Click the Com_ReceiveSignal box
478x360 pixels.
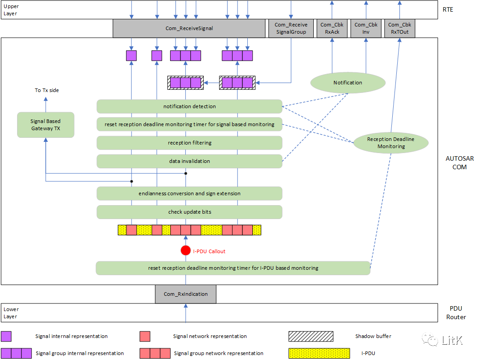coord(189,28)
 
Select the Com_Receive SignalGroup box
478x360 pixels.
coord(290,28)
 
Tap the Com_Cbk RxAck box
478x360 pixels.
coord(332,28)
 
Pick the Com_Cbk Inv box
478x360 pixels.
coord(366,28)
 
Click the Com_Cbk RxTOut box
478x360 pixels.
coord(399,28)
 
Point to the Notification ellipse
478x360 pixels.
coord(347,83)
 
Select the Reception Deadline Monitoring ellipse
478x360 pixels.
coord(390,143)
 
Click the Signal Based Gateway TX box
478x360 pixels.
coord(45,125)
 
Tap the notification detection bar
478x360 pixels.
coord(189,106)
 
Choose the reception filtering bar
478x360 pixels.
coord(189,143)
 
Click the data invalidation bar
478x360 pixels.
coord(189,161)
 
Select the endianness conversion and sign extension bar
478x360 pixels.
coord(189,193)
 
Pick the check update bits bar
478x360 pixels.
coord(189,212)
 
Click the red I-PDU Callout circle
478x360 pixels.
coord(186,251)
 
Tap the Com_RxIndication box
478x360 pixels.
coord(185,294)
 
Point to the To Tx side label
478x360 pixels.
coord(47,90)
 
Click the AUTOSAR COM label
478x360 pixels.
coord(459,163)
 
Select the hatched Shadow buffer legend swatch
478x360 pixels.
coord(311,336)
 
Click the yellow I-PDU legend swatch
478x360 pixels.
coord(319,353)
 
